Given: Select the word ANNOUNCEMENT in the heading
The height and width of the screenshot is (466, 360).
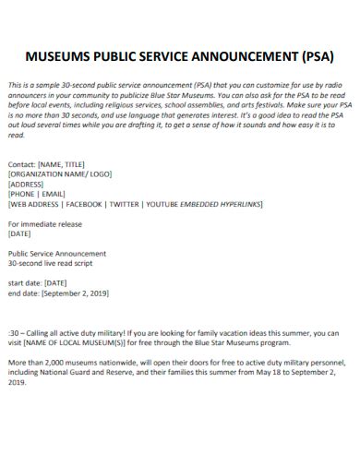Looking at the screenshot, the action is [235, 54].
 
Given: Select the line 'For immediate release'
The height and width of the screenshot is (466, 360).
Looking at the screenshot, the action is [44, 223].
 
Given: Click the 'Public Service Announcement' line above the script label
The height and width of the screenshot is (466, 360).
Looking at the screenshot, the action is [56, 253].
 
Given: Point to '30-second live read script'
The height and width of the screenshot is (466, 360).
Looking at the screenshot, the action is [52, 263].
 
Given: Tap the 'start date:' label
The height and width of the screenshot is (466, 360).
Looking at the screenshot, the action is [24, 282].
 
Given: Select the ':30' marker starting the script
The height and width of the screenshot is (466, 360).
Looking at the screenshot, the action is [13, 332].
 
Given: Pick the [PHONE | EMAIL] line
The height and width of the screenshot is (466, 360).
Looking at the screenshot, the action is [36, 193].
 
